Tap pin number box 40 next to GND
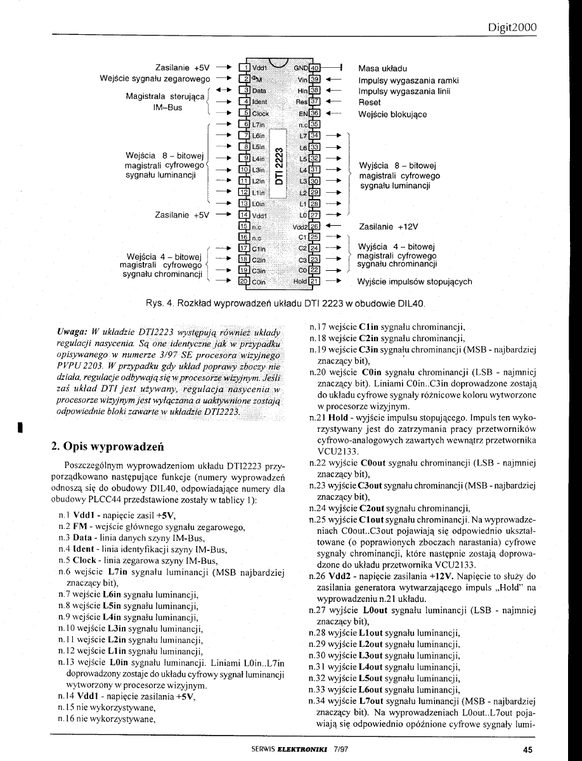315,68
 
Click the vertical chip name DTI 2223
280,168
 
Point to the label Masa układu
383,68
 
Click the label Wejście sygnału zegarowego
155,79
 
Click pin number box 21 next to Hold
315,281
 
